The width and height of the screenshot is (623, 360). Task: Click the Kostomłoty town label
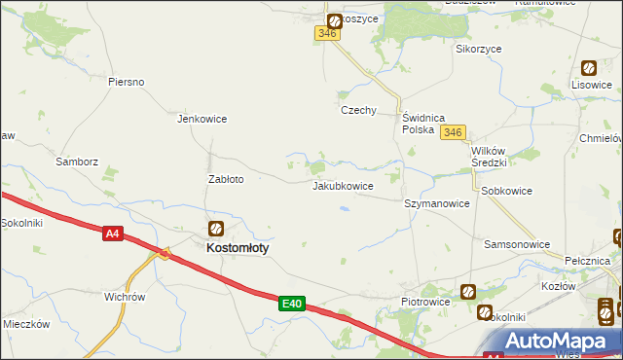pos(238,248)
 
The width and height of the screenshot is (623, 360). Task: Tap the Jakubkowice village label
pos(343,185)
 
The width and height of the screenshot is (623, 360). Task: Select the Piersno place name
pos(127,82)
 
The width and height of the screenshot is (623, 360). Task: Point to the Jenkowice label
pos(202,120)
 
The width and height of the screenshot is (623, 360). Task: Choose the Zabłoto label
pos(226,179)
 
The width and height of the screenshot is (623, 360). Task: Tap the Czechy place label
pos(357,110)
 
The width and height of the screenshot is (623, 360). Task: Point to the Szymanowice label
pos(437,204)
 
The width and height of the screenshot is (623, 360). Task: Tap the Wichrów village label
pos(125,297)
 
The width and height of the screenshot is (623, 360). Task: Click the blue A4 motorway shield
pos(114,234)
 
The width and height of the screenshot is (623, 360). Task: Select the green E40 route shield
pos(291,305)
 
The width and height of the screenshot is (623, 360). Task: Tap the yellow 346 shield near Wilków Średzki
pos(452,132)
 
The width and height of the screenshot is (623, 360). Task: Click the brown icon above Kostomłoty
pos(216,230)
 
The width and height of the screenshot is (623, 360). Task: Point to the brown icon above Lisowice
pos(589,68)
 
